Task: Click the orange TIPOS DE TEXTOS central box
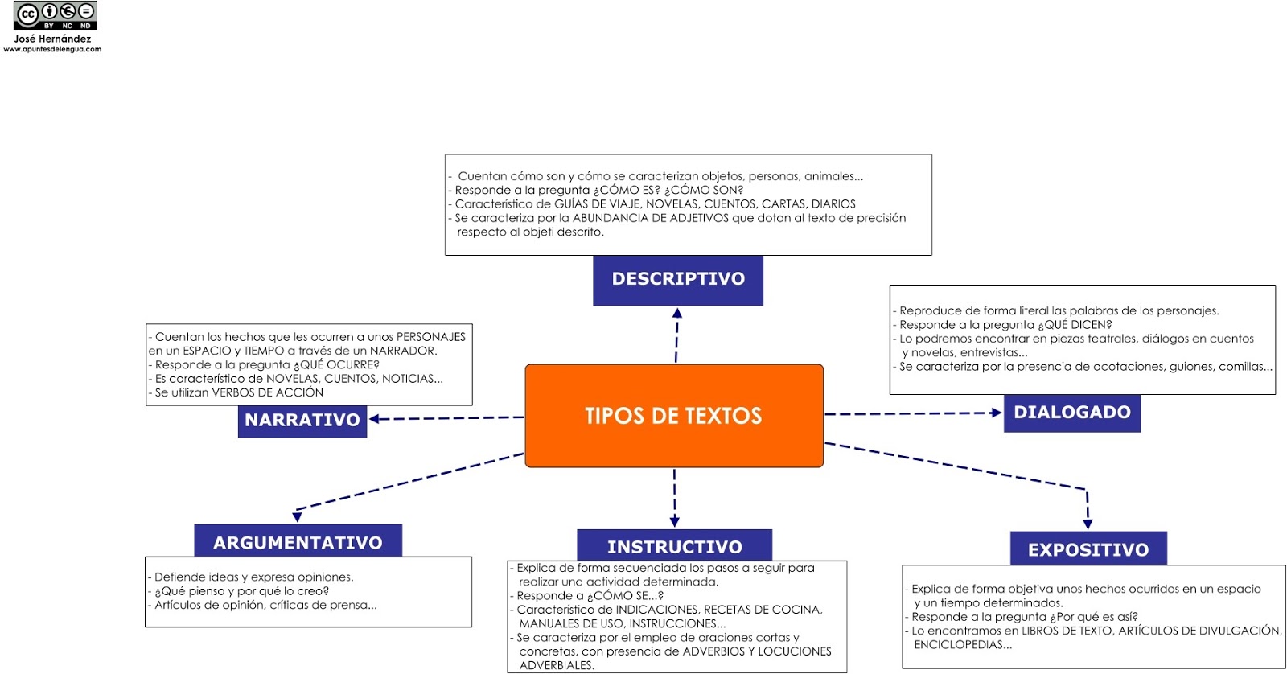(674, 416)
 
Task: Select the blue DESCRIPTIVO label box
(678, 280)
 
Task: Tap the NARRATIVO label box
(302, 421)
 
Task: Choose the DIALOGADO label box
(1071, 413)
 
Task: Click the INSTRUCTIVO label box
(674, 547)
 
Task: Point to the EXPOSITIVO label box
(1088, 549)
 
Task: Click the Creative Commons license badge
(56, 15)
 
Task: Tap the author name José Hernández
(52, 39)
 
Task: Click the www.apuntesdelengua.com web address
(52, 49)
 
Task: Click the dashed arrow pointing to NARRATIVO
(446, 418)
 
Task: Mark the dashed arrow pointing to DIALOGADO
(913, 413)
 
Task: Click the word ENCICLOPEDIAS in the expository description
(962, 645)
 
